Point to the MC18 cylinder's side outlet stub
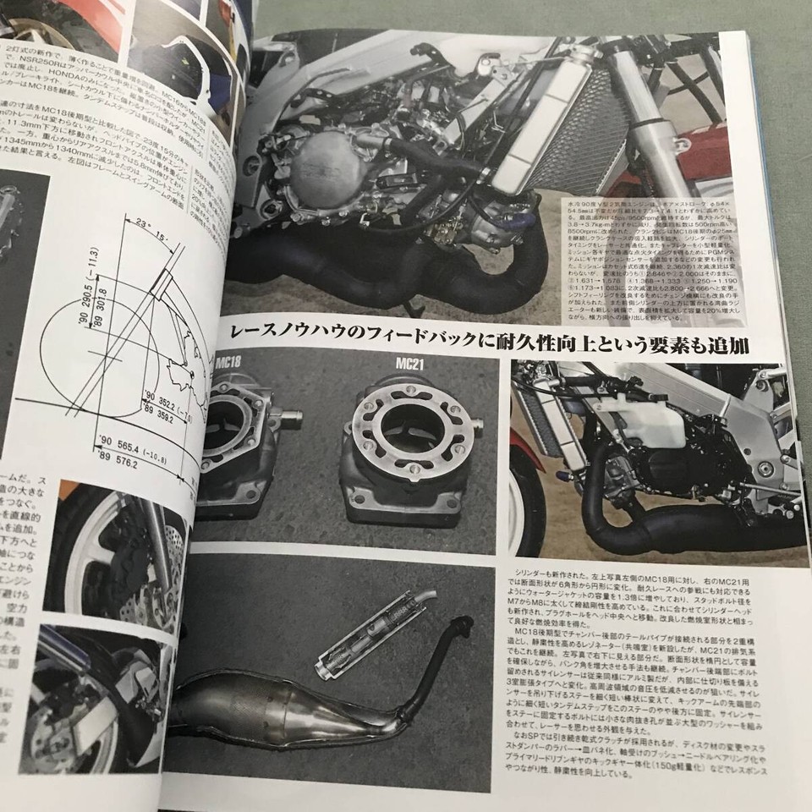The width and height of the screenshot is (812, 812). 291,416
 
